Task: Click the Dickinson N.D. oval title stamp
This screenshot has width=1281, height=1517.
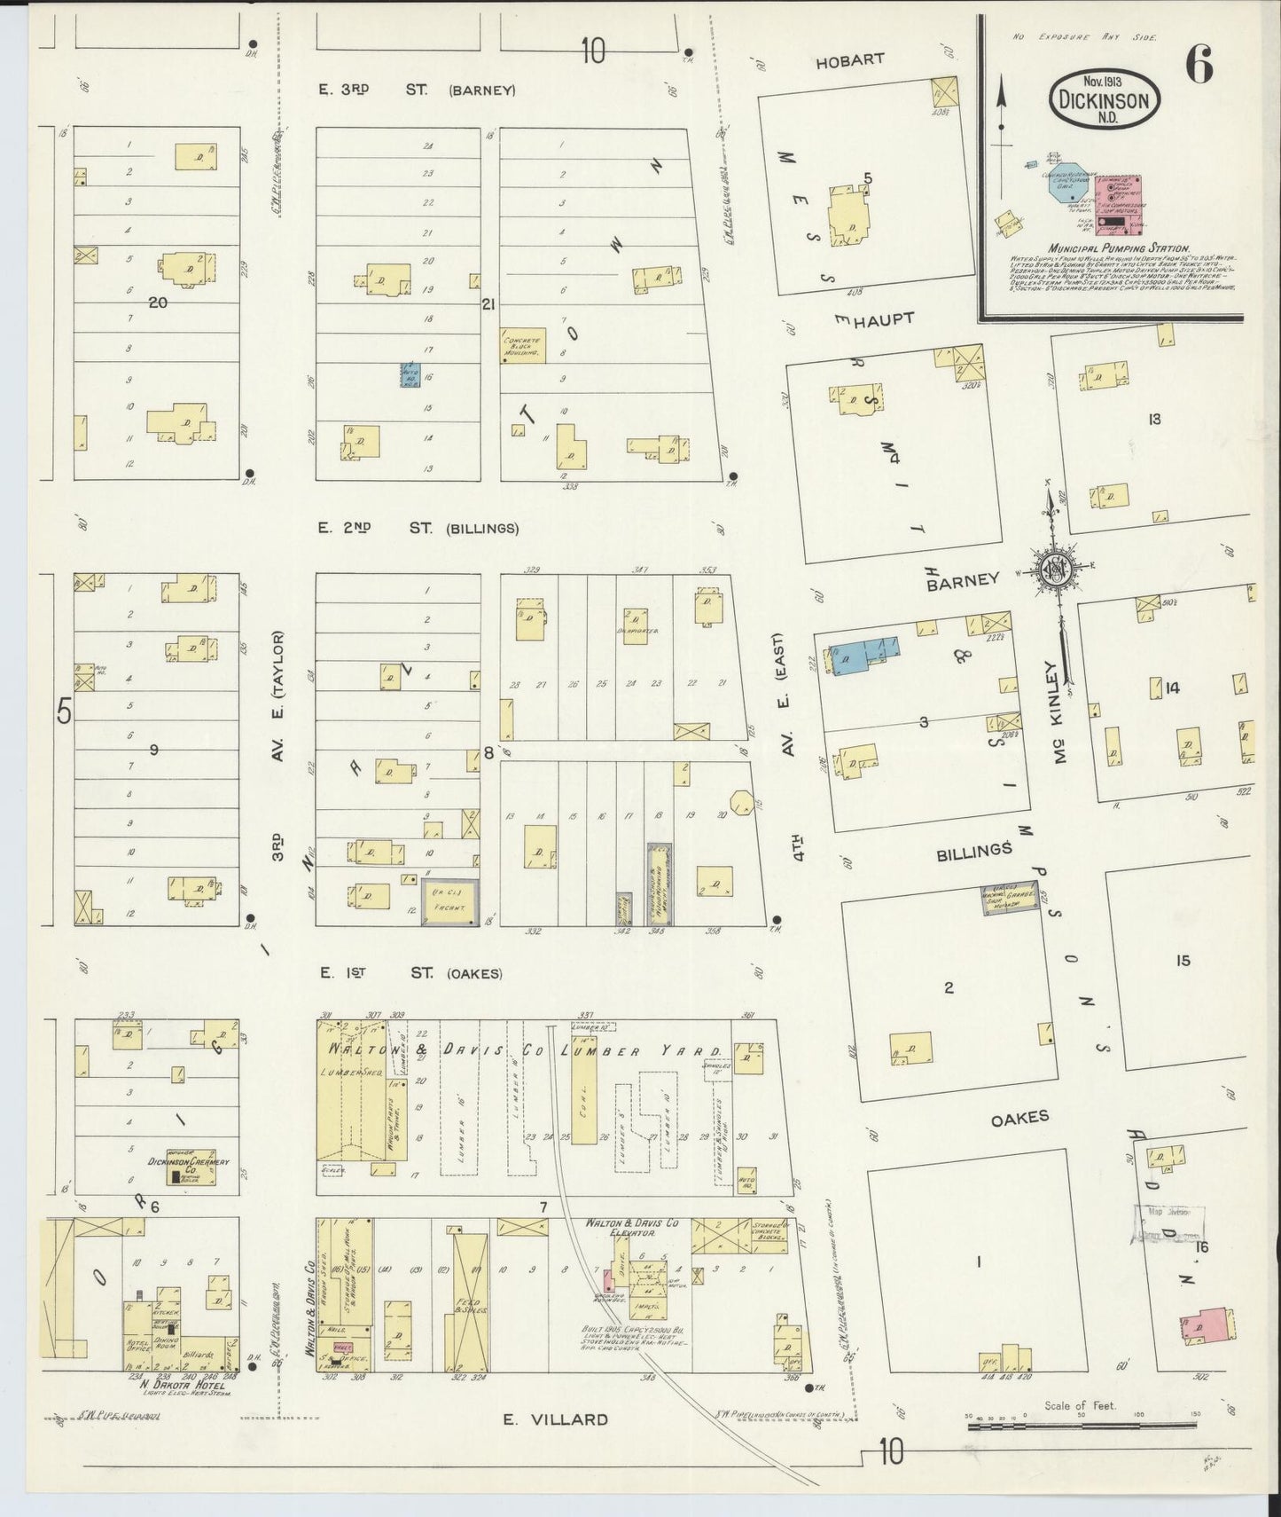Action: (x=1105, y=100)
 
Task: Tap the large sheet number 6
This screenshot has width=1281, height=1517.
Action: (x=1199, y=67)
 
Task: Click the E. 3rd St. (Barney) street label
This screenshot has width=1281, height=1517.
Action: (x=417, y=90)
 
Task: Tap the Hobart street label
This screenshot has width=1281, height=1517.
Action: (x=849, y=60)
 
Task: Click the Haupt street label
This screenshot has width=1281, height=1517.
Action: (x=883, y=318)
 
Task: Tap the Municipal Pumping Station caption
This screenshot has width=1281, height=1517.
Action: (x=1117, y=249)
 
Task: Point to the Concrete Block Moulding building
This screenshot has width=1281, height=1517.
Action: (x=523, y=345)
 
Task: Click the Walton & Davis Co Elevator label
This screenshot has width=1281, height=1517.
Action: (x=631, y=1228)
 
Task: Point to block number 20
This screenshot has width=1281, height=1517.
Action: (x=158, y=303)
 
